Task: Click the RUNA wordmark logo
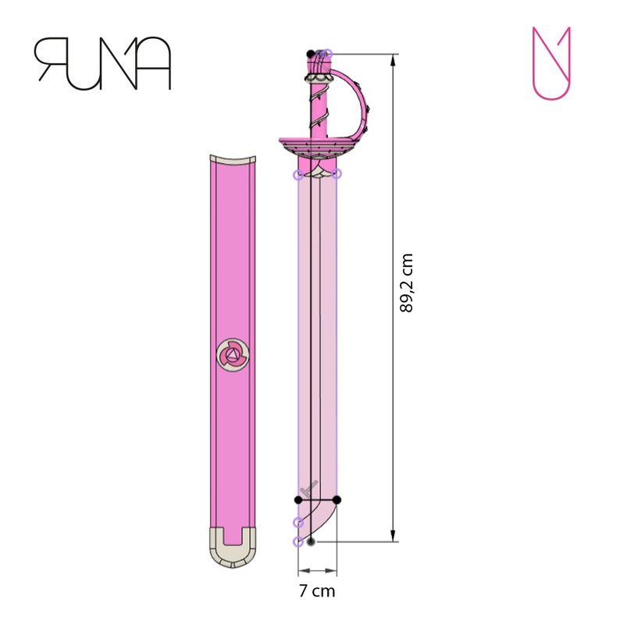pyautogui.click(x=102, y=62)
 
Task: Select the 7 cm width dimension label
pyautogui.click(x=316, y=591)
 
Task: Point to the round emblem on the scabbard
pyautogui.click(x=233, y=356)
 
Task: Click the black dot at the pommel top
pyautogui.click(x=311, y=53)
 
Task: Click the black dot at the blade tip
pyautogui.click(x=311, y=540)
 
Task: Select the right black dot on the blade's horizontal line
pyautogui.click(x=337, y=499)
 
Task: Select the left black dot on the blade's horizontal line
pyautogui.click(x=298, y=499)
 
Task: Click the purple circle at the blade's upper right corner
pyautogui.click(x=337, y=173)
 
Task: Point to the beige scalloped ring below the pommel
pyautogui.click(x=319, y=78)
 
